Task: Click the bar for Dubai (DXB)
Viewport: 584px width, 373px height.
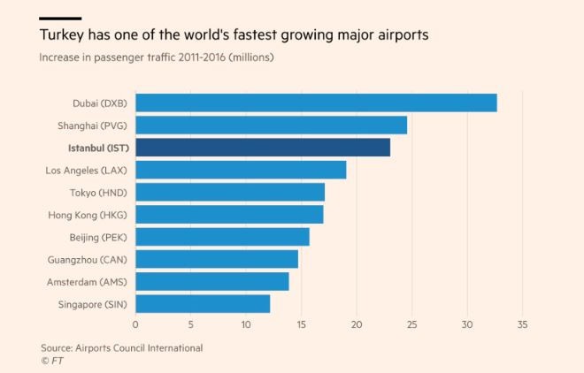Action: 316,103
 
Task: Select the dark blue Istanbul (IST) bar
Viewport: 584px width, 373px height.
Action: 263,148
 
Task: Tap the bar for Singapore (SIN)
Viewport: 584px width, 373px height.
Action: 203,304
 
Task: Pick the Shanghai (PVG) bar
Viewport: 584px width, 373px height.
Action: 271,125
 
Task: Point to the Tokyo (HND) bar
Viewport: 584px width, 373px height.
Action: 230,192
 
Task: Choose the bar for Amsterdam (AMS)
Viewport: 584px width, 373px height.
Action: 212,282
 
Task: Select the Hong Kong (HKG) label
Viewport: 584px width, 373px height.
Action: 87,215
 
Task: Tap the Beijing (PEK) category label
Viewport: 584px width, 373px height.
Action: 97,237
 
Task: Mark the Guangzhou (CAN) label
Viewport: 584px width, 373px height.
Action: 85,260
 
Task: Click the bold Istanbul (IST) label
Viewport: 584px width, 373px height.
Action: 96,148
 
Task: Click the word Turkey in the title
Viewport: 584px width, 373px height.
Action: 61,35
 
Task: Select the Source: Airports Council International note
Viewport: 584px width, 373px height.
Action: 121,348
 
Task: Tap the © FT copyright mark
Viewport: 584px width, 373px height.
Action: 50,361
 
